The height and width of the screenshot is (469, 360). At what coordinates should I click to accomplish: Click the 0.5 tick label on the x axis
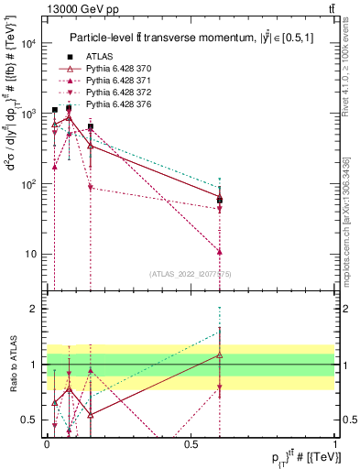191,443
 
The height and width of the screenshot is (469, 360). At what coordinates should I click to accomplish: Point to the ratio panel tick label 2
32,309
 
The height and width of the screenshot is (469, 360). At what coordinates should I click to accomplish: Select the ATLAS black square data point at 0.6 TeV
220,200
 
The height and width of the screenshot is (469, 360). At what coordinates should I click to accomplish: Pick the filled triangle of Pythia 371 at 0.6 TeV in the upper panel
220,251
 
